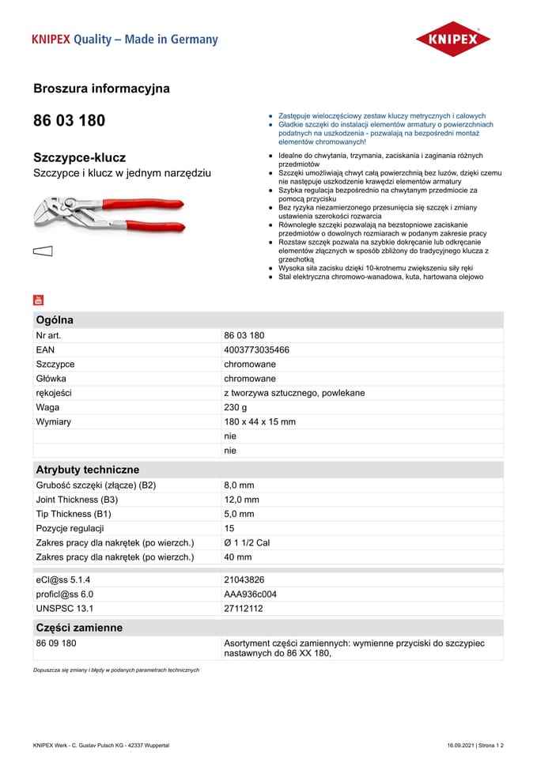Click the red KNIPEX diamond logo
[453, 40]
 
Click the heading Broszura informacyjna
[101, 89]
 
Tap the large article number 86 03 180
[69, 121]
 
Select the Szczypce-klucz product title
[79, 157]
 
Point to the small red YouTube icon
[39, 300]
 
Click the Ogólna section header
[55, 320]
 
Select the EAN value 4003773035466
[256, 349]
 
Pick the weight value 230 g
[235, 407]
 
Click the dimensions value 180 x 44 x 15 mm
[259, 421]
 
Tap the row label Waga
[47, 407]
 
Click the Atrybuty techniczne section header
[87, 470]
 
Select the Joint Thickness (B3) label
[77, 500]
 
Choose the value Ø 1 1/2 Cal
[247, 542]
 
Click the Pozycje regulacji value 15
[229, 528]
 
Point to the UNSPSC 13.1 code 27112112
[244, 608]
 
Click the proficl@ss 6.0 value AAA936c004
[250, 594]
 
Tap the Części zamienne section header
[79, 628]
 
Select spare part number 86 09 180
[56, 644]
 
